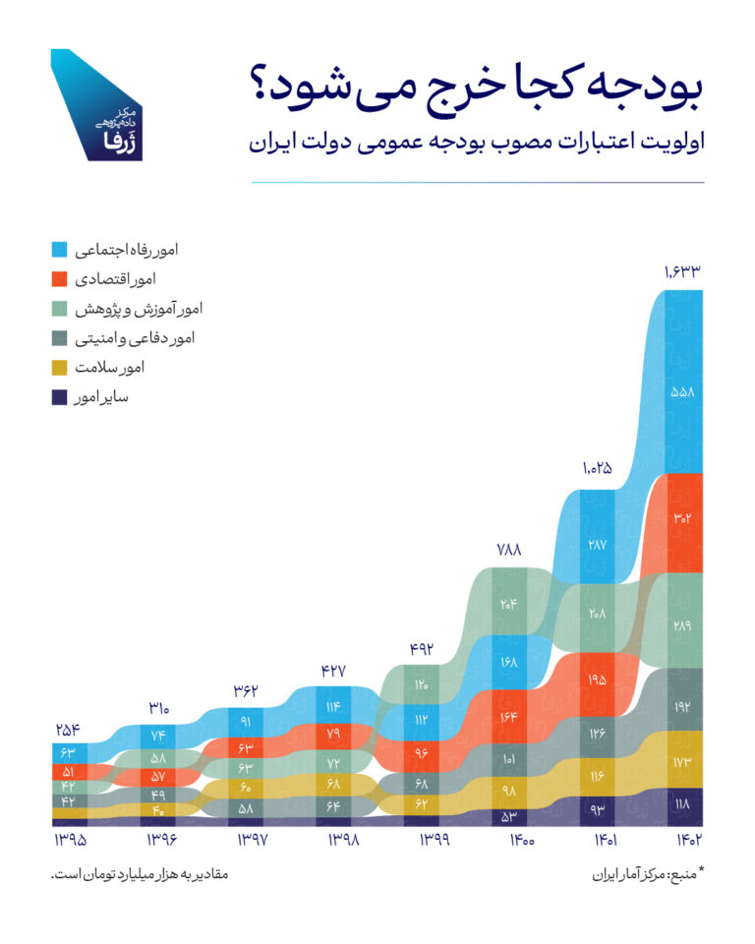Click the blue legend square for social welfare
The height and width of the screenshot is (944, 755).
click(x=58, y=250)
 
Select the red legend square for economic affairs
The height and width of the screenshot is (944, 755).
click(x=58, y=279)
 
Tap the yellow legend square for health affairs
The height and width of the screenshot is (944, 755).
click(x=58, y=368)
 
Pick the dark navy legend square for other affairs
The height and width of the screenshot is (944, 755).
click(x=58, y=397)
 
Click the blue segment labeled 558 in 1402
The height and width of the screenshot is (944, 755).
click(x=682, y=391)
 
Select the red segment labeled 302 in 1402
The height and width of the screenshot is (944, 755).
click(x=682, y=518)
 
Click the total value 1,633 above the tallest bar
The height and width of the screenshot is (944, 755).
click(x=682, y=272)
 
